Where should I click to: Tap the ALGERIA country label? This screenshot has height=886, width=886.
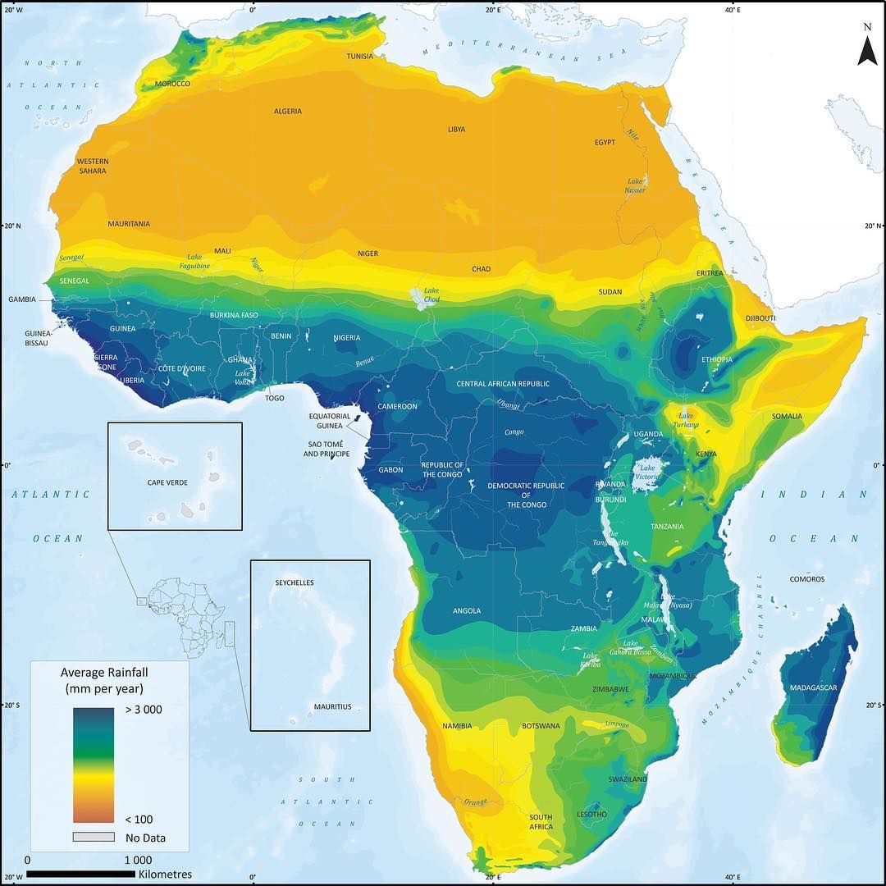(x=287, y=112)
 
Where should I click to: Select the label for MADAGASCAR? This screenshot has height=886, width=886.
(x=813, y=687)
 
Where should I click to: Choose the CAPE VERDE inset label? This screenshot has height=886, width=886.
(x=167, y=482)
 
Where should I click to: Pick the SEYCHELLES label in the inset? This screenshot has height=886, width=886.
(x=294, y=582)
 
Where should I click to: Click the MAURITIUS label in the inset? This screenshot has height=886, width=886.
(x=332, y=706)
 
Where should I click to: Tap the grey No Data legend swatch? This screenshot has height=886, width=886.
(x=93, y=838)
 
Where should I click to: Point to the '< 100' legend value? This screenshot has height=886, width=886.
(x=139, y=819)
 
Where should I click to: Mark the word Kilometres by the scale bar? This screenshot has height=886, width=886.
(x=165, y=875)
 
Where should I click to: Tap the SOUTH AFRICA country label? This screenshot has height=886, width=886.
(x=541, y=821)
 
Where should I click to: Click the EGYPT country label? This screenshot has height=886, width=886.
(x=605, y=143)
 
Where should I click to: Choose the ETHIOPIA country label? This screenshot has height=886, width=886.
(x=717, y=359)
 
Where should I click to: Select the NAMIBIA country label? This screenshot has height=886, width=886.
(x=456, y=726)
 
